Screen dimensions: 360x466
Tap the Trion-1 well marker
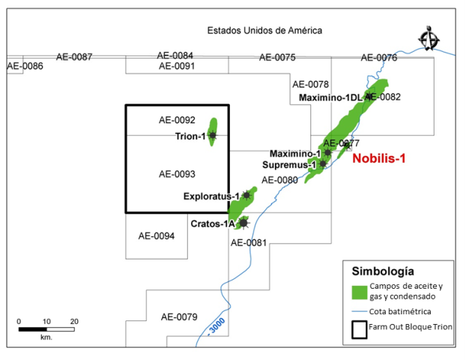[213, 136]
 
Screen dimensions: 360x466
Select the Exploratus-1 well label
[211, 196]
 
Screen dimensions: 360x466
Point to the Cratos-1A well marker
[243, 223]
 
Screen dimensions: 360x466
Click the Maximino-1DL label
[330, 97]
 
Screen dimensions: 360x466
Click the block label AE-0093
[177, 174]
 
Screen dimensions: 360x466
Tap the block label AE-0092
[177, 120]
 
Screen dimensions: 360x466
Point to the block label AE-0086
[25, 66]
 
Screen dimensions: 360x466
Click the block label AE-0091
[177, 67]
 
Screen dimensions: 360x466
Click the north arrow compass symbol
[429, 38]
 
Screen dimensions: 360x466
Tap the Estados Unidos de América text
[264, 31]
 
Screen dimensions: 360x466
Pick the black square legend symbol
[357, 329]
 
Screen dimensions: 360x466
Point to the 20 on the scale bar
[74, 321]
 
